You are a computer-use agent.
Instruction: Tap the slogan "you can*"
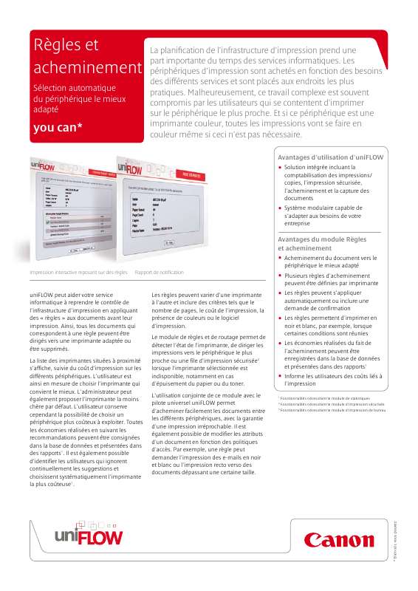58,127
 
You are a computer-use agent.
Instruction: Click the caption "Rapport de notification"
160,273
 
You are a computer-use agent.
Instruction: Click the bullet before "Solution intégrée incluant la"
281,168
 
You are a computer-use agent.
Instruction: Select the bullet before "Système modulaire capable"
281,208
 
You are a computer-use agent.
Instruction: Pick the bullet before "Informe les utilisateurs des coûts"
281,376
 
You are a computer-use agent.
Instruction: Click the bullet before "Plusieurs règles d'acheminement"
281,275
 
